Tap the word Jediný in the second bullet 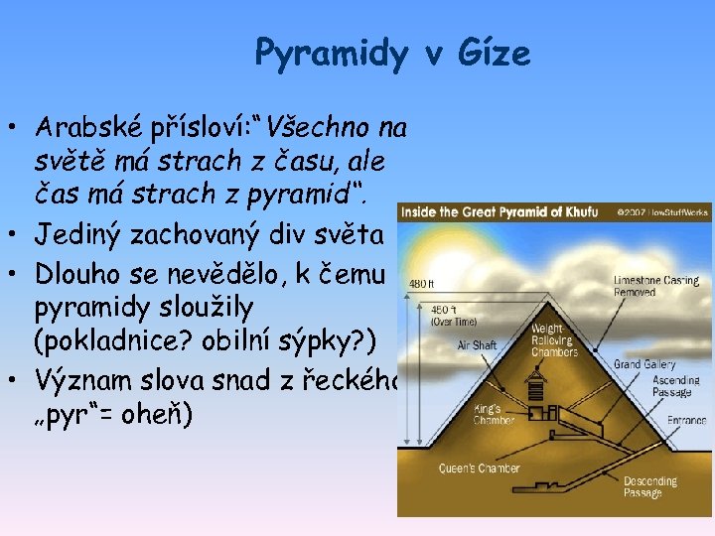[x=78, y=235]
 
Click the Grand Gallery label [x=643, y=364]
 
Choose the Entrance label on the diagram [x=686, y=420]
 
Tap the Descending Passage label [x=650, y=487]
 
